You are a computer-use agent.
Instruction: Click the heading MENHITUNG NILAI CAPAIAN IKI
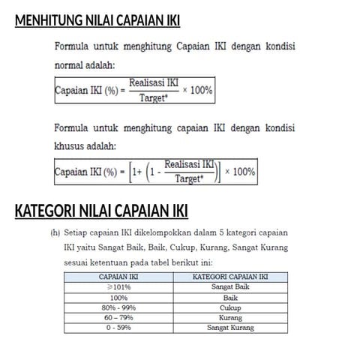point(97,20)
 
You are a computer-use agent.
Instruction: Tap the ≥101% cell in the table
point(118,286)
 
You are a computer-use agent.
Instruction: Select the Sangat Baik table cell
point(230,286)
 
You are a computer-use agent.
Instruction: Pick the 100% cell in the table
point(118,297)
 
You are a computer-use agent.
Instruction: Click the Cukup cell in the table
point(230,307)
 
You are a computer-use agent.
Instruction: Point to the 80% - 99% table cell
point(118,307)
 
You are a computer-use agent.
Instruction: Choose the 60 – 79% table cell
point(118,317)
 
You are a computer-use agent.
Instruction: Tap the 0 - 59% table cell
point(118,328)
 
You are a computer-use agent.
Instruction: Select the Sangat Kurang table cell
point(230,328)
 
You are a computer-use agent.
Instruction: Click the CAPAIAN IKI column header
point(118,277)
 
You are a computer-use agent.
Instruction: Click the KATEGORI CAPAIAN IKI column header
point(230,277)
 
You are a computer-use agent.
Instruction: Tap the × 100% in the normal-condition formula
point(197,91)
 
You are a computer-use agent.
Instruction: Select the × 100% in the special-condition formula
point(240,172)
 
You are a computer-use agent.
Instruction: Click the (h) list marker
point(55,232)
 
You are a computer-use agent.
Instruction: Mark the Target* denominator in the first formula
point(153,97)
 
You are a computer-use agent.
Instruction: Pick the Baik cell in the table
point(230,297)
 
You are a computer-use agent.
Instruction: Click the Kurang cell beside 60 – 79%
point(230,317)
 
